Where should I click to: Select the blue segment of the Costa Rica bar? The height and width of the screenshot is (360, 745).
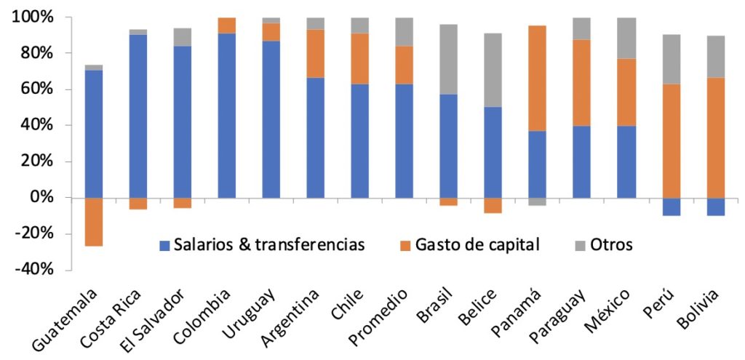pyautogui.click(x=138, y=116)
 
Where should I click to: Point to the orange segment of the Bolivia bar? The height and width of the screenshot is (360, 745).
pyautogui.click(x=715, y=123)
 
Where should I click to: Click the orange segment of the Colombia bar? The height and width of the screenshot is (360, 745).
pyautogui.click(x=227, y=25)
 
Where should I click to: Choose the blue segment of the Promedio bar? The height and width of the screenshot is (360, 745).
pyautogui.click(x=405, y=141)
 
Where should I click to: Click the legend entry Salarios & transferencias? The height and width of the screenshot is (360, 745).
pyautogui.click(x=261, y=245)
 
